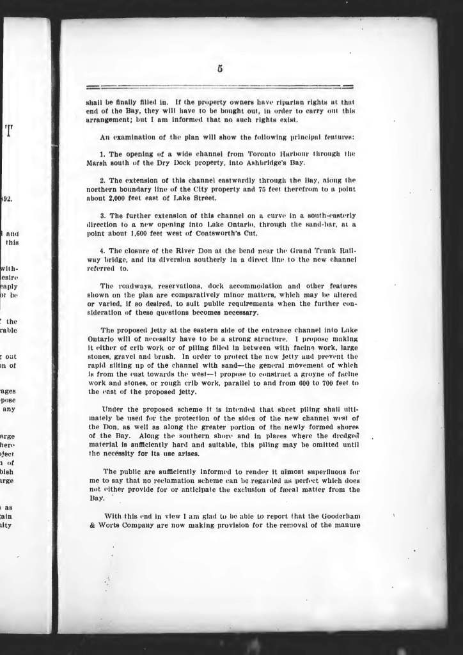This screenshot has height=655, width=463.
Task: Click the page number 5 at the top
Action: point(220,70)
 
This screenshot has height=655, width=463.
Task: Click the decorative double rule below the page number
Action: point(220,86)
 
